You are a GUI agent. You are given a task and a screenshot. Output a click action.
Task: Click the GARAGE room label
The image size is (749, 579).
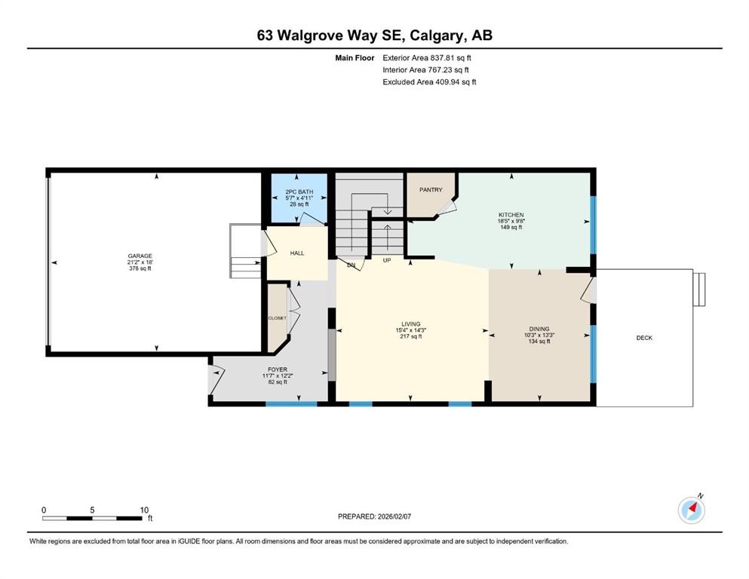point(140,256)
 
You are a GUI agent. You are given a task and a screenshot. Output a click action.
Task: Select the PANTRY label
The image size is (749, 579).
point(431,190)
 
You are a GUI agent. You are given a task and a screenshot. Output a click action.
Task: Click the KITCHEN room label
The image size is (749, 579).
point(511,215)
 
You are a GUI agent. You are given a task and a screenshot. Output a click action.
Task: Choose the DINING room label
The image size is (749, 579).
point(539,329)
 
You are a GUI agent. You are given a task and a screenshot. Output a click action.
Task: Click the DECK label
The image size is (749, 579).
point(644,338)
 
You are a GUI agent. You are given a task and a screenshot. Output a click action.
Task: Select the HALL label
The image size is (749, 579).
point(297,253)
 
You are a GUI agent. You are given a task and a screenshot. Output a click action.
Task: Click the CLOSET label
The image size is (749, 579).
point(277,318)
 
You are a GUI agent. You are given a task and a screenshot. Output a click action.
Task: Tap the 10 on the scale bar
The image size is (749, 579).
point(144,510)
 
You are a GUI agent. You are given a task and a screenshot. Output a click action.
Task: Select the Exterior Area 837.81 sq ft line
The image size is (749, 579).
point(428,57)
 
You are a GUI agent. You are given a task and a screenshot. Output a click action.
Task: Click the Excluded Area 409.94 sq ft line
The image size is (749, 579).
point(429,81)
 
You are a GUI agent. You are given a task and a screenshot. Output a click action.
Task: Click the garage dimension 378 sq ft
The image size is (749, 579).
point(140,268)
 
